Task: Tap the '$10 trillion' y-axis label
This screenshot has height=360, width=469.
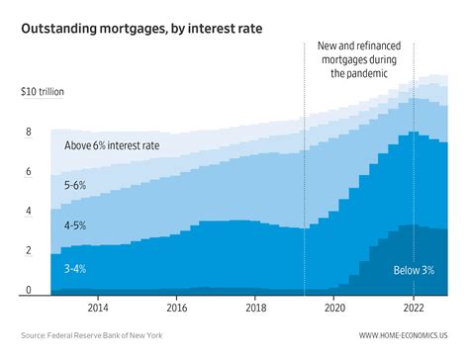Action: coord(46,92)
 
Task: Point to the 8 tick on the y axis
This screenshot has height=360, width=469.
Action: coord(28,132)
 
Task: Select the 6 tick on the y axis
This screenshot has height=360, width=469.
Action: coord(28,171)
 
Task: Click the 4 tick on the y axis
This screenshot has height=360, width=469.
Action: coord(28,211)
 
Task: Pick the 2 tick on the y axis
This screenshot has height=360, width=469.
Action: coord(28,250)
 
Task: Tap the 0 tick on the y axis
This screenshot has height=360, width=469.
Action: coord(28,290)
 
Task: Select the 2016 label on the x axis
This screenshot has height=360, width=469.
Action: coord(176,309)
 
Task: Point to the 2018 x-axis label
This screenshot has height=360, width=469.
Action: coord(255,309)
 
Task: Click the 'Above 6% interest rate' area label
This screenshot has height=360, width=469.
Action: coord(112,146)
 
